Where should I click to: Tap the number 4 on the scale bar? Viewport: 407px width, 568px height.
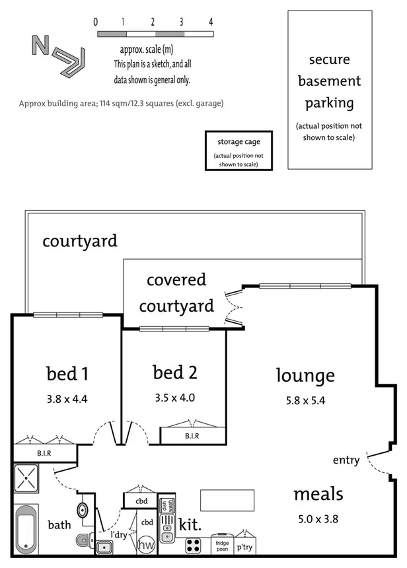click(211, 22)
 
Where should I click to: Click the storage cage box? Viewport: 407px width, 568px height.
click(239, 150)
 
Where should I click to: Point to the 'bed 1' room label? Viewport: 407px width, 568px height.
click(67, 374)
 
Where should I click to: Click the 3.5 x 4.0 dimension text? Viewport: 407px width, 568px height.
click(175, 398)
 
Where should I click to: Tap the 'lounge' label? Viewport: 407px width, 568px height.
click(305, 376)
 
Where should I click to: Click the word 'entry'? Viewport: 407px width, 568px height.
click(346, 460)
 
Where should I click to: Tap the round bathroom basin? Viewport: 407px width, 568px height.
click(83, 511)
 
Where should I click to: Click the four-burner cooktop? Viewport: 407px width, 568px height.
click(194, 546)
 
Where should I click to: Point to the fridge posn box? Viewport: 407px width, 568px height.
click(221, 546)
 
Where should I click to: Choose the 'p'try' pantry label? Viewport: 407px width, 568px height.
click(245, 548)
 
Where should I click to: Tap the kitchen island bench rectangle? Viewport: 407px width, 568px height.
click(227, 499)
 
